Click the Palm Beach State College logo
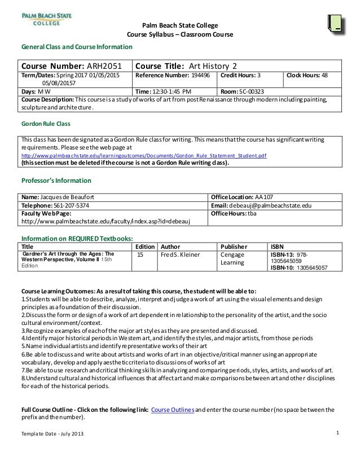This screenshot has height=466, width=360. (x=44, y=20)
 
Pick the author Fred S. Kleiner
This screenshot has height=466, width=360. (x=181, y=254)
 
